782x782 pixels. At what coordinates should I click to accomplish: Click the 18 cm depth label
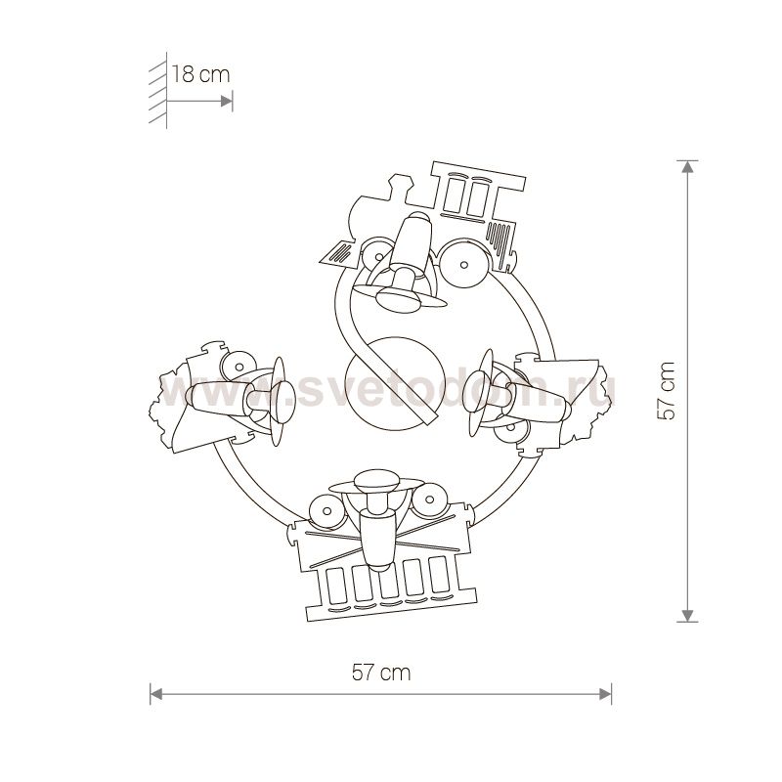(x=201, y=75)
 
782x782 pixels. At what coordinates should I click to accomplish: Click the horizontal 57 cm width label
(x=381, y=673)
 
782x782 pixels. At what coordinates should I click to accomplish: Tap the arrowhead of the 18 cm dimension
(x=226, y=102)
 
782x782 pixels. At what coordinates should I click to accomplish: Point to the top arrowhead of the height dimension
(x=687, y=167)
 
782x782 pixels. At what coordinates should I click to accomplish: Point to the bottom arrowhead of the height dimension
(x=687, y=616)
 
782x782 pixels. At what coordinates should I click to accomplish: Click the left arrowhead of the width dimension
(x=156, y=694)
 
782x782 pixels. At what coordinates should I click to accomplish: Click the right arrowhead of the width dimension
(x=605, y=694)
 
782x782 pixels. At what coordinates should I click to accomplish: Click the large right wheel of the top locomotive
(x=463, y=264)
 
